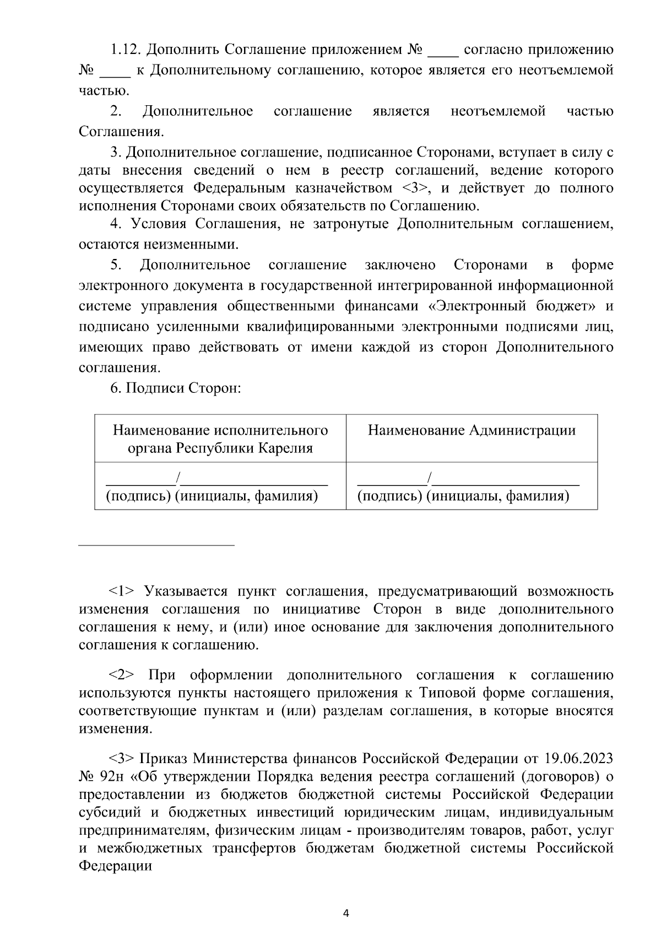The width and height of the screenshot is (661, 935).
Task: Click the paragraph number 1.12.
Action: [x=126, y=50]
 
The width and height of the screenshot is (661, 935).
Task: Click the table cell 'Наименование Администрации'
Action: [x=472, y=430]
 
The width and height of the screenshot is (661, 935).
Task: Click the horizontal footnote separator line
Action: [x=156, y=545]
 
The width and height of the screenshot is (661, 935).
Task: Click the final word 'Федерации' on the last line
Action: [x=115, y=866]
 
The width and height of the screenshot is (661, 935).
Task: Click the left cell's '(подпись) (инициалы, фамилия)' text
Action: [x=212, y=496]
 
